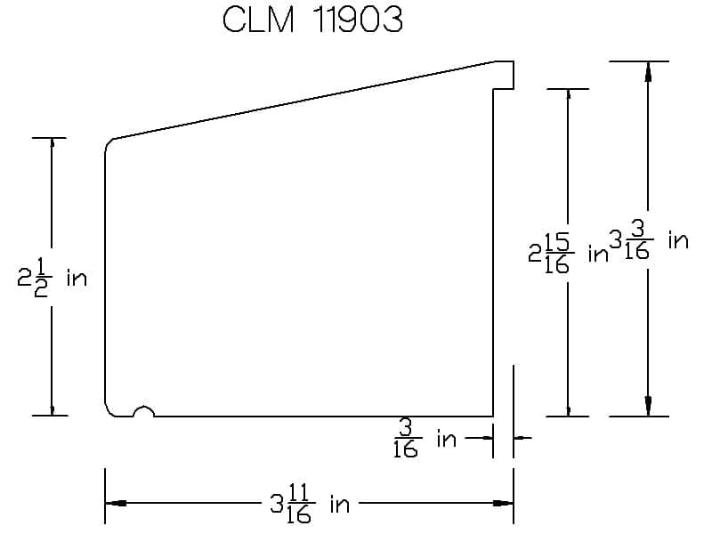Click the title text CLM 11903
coord(312,20)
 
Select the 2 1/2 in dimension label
coord(52,278)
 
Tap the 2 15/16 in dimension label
coord(568,255)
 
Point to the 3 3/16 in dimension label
coord(650,240)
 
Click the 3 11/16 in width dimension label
coord(310,504)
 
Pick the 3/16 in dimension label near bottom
coord(425,439)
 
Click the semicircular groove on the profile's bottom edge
coord(144,410)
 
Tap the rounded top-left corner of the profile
coord(108,144)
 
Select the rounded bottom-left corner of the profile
coord(109,410)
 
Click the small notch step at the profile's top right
coord(504,76)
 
